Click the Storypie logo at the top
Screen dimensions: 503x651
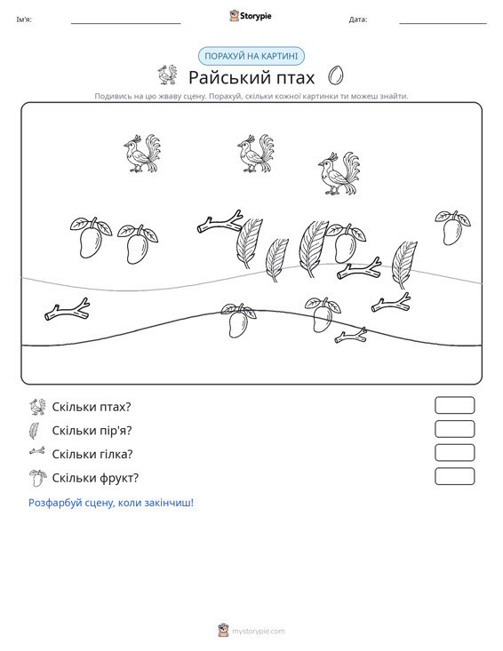pyautogui.click(x=251, y=16)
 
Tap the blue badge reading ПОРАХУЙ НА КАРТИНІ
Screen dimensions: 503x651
pyautogui.click(x=251, y=56)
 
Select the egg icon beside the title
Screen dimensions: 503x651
pyautogui.click(x=336, y=75)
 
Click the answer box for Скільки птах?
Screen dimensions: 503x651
pyautogui.click(x=454, y=405)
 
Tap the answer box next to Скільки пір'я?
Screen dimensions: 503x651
pyautogui.click(x=454, y=429)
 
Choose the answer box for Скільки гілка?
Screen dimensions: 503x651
pyautogui.click(x=454, y=453)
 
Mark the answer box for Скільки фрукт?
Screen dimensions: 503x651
pyautogui.click(x=454, y=476)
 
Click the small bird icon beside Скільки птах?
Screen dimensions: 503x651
pyautogui.click(x=37, y=407)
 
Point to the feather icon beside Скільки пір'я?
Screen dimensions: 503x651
pyautogui.click(x=34, y=431)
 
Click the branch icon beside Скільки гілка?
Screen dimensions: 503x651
pyautogui.click(x=37, y=451)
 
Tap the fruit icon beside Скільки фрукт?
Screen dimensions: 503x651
pyautogui.click(x=37, y=478)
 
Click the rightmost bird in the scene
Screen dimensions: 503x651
pyautogui.click(x=339, y=173)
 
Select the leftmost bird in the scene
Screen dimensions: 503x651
pyautogui.click(x=142, y=153)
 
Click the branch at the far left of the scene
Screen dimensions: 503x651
pyautogui.click(x=68, y=310)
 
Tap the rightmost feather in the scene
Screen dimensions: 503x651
pyautogui.click(x=403, y=264)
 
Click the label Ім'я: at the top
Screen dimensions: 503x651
pyautogui.click(x=24, y=20)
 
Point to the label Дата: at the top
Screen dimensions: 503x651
pyautogui.click(x=358, y=20)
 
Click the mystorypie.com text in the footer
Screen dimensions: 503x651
pyautogui.click(x=259, y=631)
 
